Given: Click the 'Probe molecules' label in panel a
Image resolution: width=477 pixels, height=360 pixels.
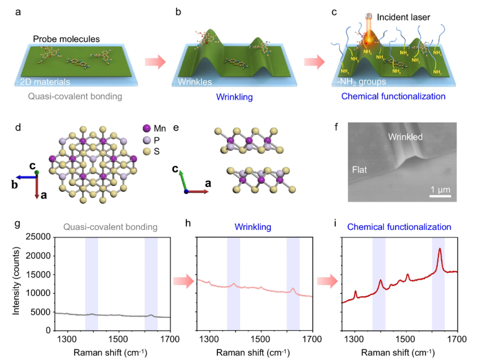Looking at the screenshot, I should (66, 39).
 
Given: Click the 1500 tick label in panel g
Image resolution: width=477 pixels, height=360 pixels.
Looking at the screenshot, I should (119, 338).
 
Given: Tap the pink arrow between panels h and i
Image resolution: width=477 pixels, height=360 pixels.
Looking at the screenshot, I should (328, 282).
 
